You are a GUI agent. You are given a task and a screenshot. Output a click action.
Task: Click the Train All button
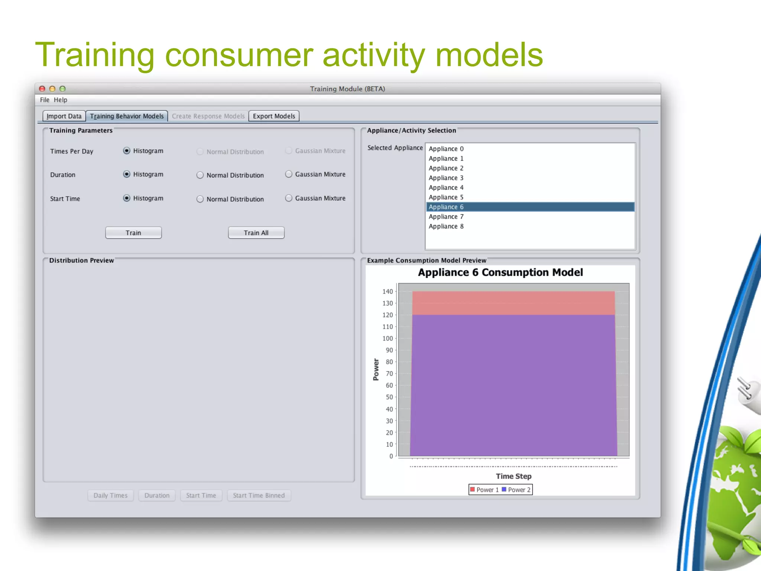[x=256, y=233]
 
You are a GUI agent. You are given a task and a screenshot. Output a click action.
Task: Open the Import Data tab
[x=64, y=116]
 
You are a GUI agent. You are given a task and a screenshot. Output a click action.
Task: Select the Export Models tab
[x=274, y=116]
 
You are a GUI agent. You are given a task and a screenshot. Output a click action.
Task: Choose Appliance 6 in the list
[x=446, y=207]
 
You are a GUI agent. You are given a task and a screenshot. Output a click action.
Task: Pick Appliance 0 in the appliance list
[x=446, y=149]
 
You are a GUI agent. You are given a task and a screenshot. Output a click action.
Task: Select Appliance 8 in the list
[x=446, y=226]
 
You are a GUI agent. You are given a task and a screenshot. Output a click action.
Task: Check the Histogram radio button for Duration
[x=127, y=174]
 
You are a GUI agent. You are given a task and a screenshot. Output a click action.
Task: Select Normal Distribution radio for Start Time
[x=200, y=199]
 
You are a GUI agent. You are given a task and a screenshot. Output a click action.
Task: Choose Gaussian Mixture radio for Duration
[x=289, y=174]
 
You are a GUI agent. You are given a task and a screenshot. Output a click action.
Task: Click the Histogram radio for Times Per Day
[x=127, y=151]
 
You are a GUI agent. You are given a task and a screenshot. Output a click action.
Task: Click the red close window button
[x=42, y=89]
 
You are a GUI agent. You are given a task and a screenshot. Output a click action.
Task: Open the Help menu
[x=60, y=100]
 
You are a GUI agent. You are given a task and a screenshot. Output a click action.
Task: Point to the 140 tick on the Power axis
[x=388, y=291]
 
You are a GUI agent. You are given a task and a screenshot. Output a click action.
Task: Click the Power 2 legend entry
[x=516, y=490]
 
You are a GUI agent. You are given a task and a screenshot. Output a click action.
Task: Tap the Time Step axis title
[x=514, y=476]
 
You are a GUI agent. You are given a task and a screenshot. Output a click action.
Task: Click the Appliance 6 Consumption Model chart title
[x=500, y=272]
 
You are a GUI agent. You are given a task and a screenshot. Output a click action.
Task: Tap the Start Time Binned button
[x=259, y=495]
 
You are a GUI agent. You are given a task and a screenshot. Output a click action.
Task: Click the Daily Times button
[x=110, y=495]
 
